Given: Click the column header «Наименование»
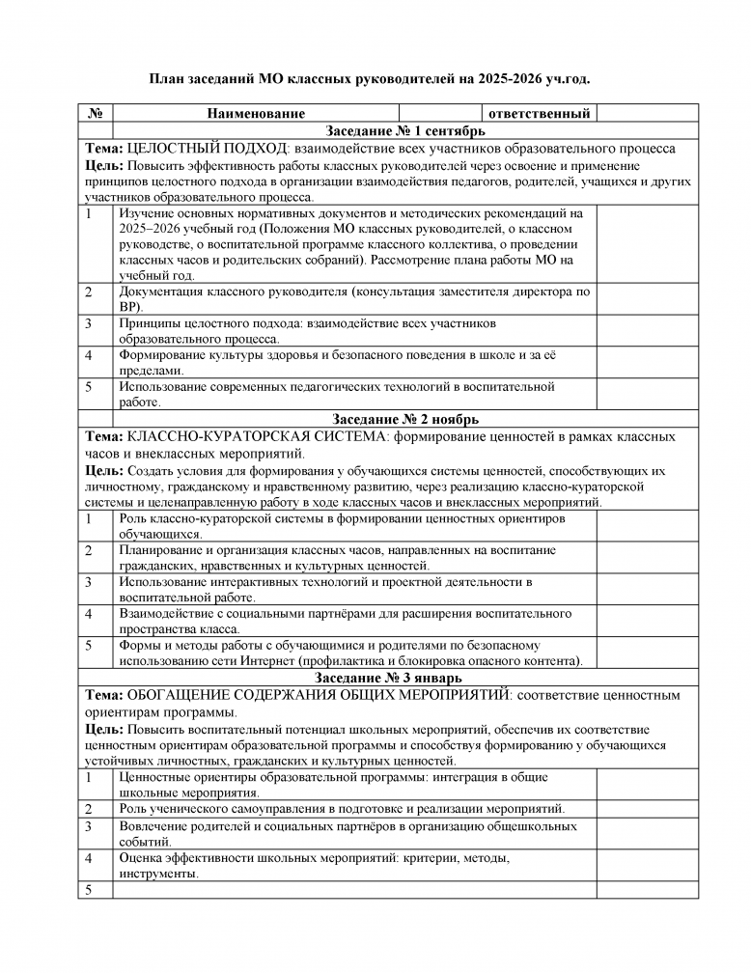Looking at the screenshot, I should (x=256, y=114).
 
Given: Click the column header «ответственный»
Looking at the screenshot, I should (x=539, y=114).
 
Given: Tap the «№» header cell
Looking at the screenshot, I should (x=96, y=114).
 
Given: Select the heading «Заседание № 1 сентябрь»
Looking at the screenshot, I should (x=405, y=131).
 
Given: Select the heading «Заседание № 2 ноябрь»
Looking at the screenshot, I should (x=405, y=420).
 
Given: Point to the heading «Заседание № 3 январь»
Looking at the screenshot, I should (x=405, y=679).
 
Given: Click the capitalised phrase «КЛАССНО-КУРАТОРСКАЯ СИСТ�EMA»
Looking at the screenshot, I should (x=248, y=436).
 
